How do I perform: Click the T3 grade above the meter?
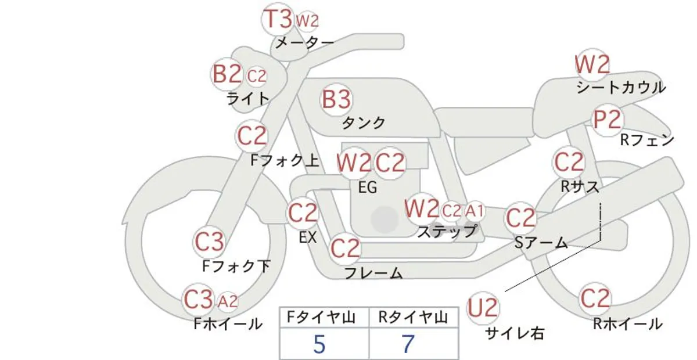point(278,19)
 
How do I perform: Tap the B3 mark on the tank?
point(336,99)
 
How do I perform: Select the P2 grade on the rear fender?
point(607,120)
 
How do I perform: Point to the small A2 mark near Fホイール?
point(228,301)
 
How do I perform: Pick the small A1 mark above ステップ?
point(475,211)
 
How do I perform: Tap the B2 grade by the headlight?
point(227,74)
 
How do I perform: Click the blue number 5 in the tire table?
point(319,344)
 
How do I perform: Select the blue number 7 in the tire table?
point(408,344)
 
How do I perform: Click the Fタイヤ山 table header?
point(321,318)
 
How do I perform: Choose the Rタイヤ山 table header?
point(413,318)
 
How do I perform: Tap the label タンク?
point(364,123)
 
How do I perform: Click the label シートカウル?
point(621,88)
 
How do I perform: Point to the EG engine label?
point(368,188)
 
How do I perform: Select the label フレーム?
point(373,273)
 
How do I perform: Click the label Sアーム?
point(541,243)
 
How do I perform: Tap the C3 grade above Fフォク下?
point(209,242)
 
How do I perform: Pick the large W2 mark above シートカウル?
point(592,64)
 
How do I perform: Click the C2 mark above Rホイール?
point(595,298)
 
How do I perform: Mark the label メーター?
point(305,42)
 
